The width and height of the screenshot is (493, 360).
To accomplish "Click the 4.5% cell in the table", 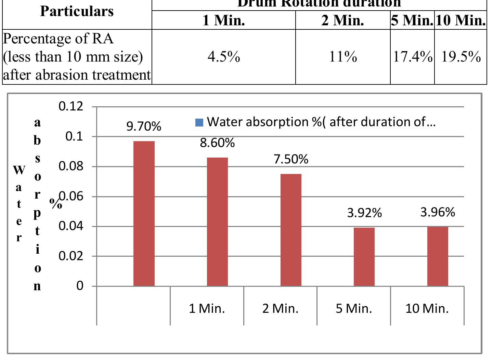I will click(x=224, y=57).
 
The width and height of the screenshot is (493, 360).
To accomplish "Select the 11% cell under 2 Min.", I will click(x=343, y=57).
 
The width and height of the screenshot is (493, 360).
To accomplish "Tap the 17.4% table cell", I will click(x=413, y=57).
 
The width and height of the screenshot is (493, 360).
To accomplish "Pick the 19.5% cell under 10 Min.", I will click(x=461, y=57).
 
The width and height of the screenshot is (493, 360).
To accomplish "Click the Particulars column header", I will click(x=77, y=11).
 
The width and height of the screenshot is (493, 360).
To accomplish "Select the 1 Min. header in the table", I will click(x=224, y=20).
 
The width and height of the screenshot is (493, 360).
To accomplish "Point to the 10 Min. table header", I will click(x=461, y=20).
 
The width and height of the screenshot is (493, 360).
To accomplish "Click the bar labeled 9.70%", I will click(x=144, y=213).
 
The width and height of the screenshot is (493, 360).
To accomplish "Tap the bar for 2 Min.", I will click(x=291, y=230).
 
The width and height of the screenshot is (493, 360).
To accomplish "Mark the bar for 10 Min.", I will click(x=438, y=256).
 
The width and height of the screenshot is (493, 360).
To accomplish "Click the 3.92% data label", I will click(x=364, y=213).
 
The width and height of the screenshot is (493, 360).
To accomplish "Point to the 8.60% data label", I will click(x=217, y=143).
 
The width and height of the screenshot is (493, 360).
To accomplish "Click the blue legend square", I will click(x=199, y=122).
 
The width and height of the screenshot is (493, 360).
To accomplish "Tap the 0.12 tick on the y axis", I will click(x=71, y=106).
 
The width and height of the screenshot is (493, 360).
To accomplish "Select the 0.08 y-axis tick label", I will click(x=71, y=166).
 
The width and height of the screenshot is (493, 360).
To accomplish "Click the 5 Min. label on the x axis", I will click(x=354, y=309).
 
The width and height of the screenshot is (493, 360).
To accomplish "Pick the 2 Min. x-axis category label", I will click(x=280, y=309).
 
